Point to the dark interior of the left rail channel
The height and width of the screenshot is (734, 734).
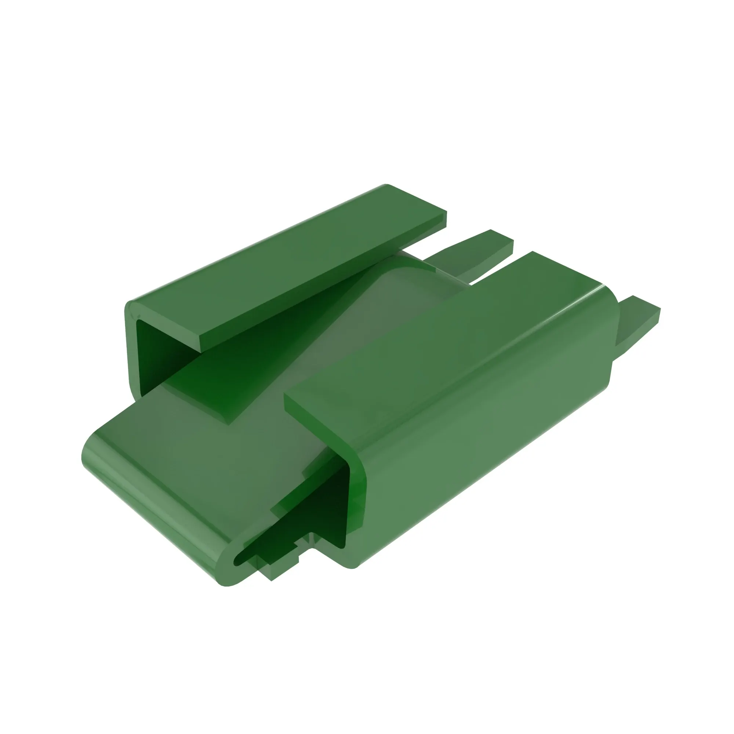[152, 353]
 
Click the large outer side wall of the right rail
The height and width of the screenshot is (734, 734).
[475, 437]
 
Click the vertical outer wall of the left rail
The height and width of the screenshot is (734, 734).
[131, 349]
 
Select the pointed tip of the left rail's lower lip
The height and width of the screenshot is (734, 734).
[228, 422]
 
